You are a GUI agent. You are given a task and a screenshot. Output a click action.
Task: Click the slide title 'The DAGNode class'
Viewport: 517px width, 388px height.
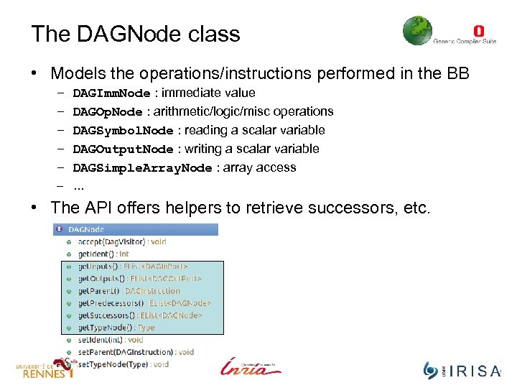pyautogui.click(x=135, y=34)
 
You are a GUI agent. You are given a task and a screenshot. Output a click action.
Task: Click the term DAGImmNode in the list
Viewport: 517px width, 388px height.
pyautogui.click(x=111, y=93)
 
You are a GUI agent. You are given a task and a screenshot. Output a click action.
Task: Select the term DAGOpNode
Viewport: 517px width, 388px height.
pyautogui.click(x=108, y=112)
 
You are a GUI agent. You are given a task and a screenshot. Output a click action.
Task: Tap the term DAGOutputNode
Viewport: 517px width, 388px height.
pyautogui.click(x=123, y=149)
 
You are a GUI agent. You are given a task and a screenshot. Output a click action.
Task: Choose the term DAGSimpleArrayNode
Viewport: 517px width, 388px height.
pyautogui.click(x=142, y=168)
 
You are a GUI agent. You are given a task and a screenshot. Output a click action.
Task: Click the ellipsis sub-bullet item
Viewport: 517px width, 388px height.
pyautogui.click(x=78, y=186)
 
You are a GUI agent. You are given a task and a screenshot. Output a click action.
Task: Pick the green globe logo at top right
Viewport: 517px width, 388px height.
pyautogui.click(x=417, y=31)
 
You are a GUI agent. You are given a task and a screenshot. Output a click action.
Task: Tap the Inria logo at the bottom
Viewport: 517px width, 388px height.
pyautogui.click(x=251, y=366)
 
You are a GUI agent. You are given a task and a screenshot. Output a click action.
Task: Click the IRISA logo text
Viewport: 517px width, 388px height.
pyautogui.click(x=474, y=371)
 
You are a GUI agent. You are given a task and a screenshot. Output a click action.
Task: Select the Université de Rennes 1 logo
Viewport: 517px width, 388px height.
pyautogui.click(x=45, y=368)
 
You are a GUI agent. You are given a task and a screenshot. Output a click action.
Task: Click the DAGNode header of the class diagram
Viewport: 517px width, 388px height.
pyautogui.click(x=86, y=230)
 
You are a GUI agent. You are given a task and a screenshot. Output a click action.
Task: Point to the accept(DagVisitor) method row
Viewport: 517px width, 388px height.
pyautogui.click(x=121, y=242)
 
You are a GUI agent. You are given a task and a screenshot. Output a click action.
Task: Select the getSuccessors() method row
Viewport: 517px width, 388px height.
pyautogui.click(x=139, y=315)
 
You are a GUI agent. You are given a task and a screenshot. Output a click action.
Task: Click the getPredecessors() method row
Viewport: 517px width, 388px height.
pyautogui.click(x=144, y=303)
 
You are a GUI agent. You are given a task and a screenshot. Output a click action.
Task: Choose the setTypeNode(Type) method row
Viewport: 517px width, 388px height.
pyautogui.click(x=123, y=364)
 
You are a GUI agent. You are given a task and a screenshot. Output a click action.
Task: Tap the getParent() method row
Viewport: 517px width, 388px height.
pyautogui.click(x=129, y=291)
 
